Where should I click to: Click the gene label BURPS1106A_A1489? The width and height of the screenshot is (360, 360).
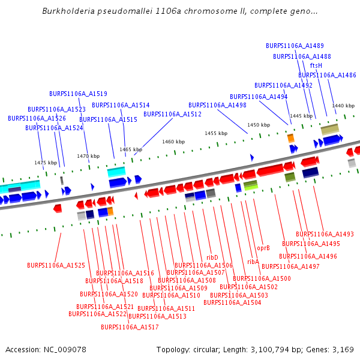click(295, 46)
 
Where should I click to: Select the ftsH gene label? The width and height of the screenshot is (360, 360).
click(316, 65)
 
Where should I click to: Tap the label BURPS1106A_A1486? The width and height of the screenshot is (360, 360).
click(327, 75)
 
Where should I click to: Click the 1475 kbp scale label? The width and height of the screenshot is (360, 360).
click(45, 163)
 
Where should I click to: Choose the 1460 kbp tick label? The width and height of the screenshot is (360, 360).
click(173, 142)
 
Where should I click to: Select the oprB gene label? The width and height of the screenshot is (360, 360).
click(263, 247)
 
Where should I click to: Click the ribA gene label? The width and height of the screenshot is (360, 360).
click(253, 262)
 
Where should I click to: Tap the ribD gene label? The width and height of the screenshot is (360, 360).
click(212, 257)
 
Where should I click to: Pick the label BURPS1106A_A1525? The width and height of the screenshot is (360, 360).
click(56, 265)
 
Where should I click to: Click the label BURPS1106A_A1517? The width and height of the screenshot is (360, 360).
click(130, 327)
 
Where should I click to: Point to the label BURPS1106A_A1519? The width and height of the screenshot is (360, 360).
click(78, 94)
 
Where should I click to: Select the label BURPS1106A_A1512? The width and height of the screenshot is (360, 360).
click(172, 114)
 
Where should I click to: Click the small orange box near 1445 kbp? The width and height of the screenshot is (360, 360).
click(291, 138)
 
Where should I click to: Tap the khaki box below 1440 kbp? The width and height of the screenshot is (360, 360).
click(329, 130)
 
